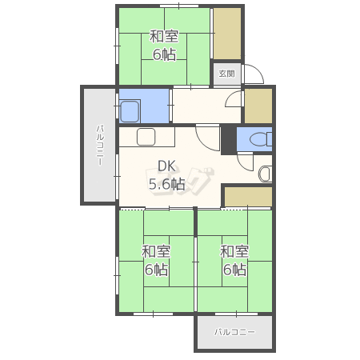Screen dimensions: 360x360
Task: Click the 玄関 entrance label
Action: pos(226,74)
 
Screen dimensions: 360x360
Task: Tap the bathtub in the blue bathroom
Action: pos(130,111)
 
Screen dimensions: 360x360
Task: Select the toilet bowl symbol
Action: pos(261,139)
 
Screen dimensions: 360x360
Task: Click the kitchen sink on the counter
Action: pos(146,137)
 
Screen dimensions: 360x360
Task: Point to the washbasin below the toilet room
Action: pos(266,174)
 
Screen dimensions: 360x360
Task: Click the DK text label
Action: pos(167,166)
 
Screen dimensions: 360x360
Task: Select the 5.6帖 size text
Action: pos(166,184)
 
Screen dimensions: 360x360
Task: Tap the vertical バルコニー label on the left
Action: pos(100,146)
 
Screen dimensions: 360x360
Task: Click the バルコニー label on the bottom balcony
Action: pos(234,332)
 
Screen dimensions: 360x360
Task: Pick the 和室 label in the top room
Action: pos(164,37)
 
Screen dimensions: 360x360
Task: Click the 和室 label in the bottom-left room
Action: pos(156,251)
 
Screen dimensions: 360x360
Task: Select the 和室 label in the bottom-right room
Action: pos(234,251)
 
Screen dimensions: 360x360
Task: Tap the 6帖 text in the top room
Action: pos(164,54)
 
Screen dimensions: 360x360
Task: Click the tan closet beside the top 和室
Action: pos(227,34)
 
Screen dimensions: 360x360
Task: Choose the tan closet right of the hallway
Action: pos(258,106)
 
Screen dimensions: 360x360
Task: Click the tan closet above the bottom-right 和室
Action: pos(248,197)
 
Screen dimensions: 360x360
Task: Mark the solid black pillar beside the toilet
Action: pos(229,139)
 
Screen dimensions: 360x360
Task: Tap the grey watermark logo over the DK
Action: pos(180,181)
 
